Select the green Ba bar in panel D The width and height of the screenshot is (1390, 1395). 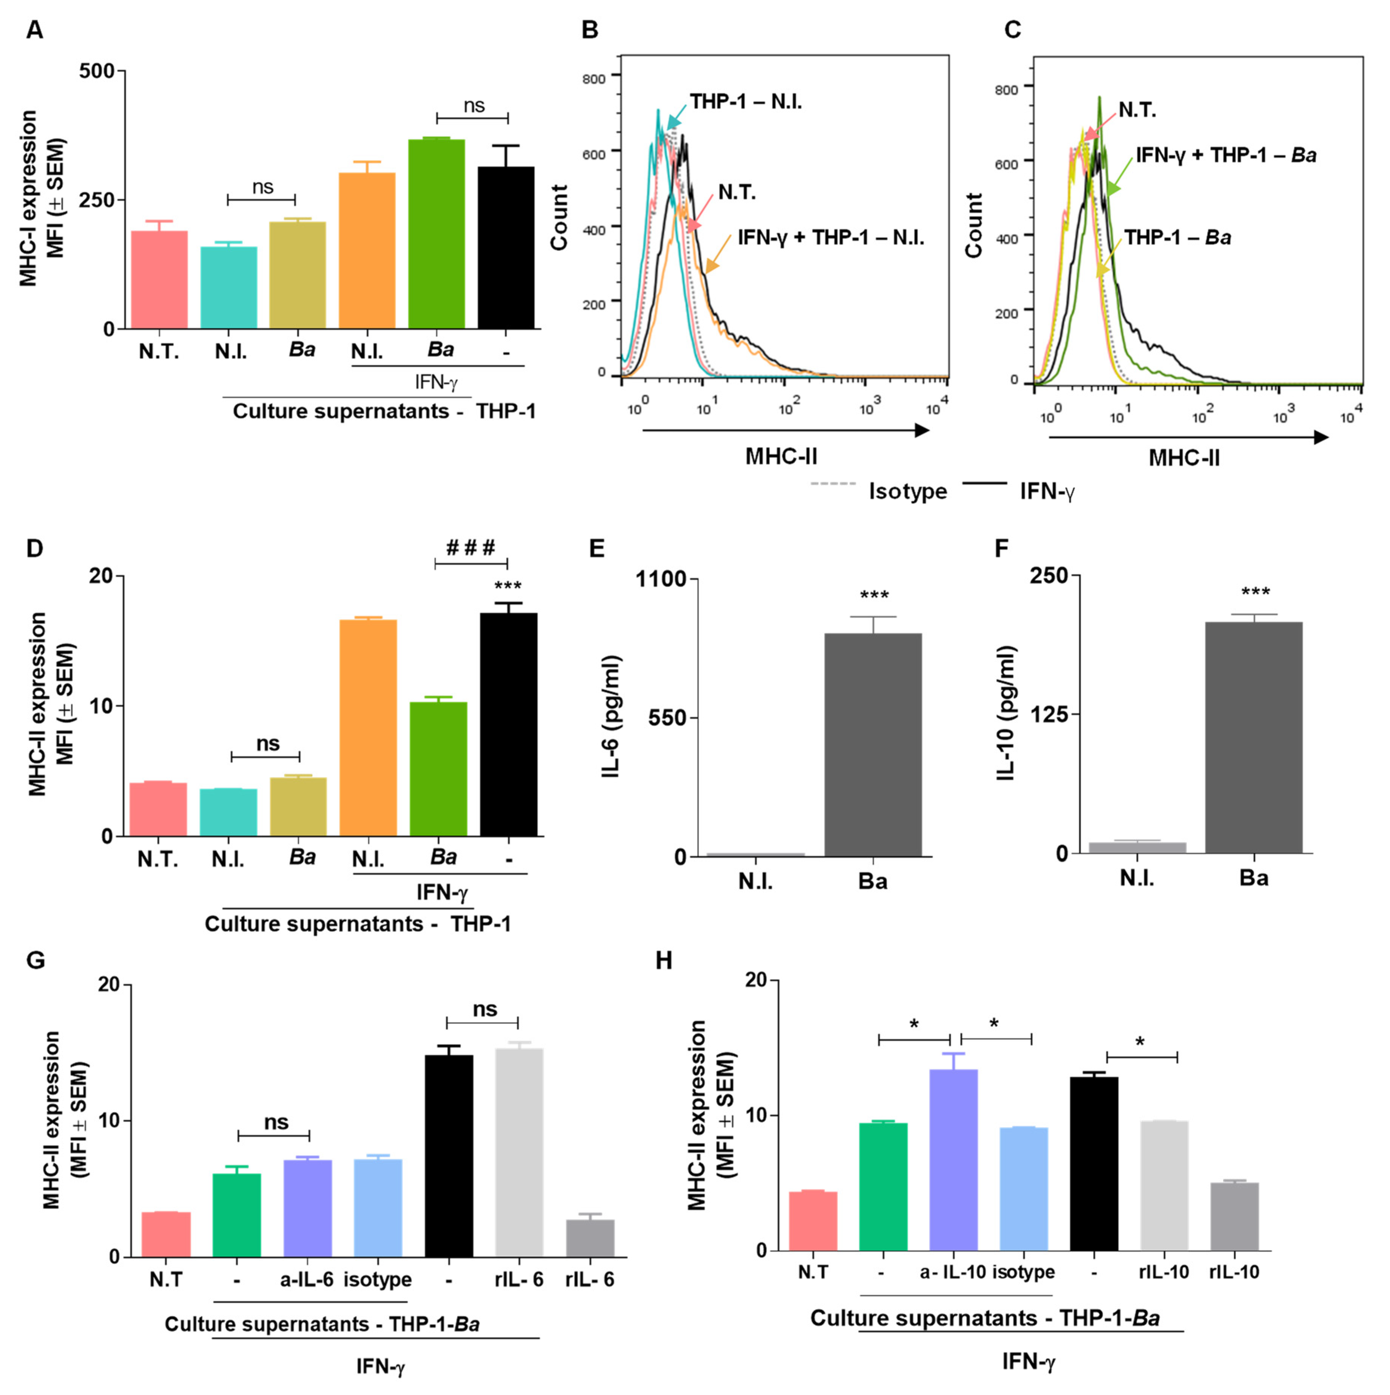(438, 769)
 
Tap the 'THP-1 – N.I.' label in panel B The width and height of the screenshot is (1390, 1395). (745, 102)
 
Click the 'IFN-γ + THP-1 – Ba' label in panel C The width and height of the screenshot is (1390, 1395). (1225, 155)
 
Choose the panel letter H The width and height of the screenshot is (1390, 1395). (663, 961)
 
